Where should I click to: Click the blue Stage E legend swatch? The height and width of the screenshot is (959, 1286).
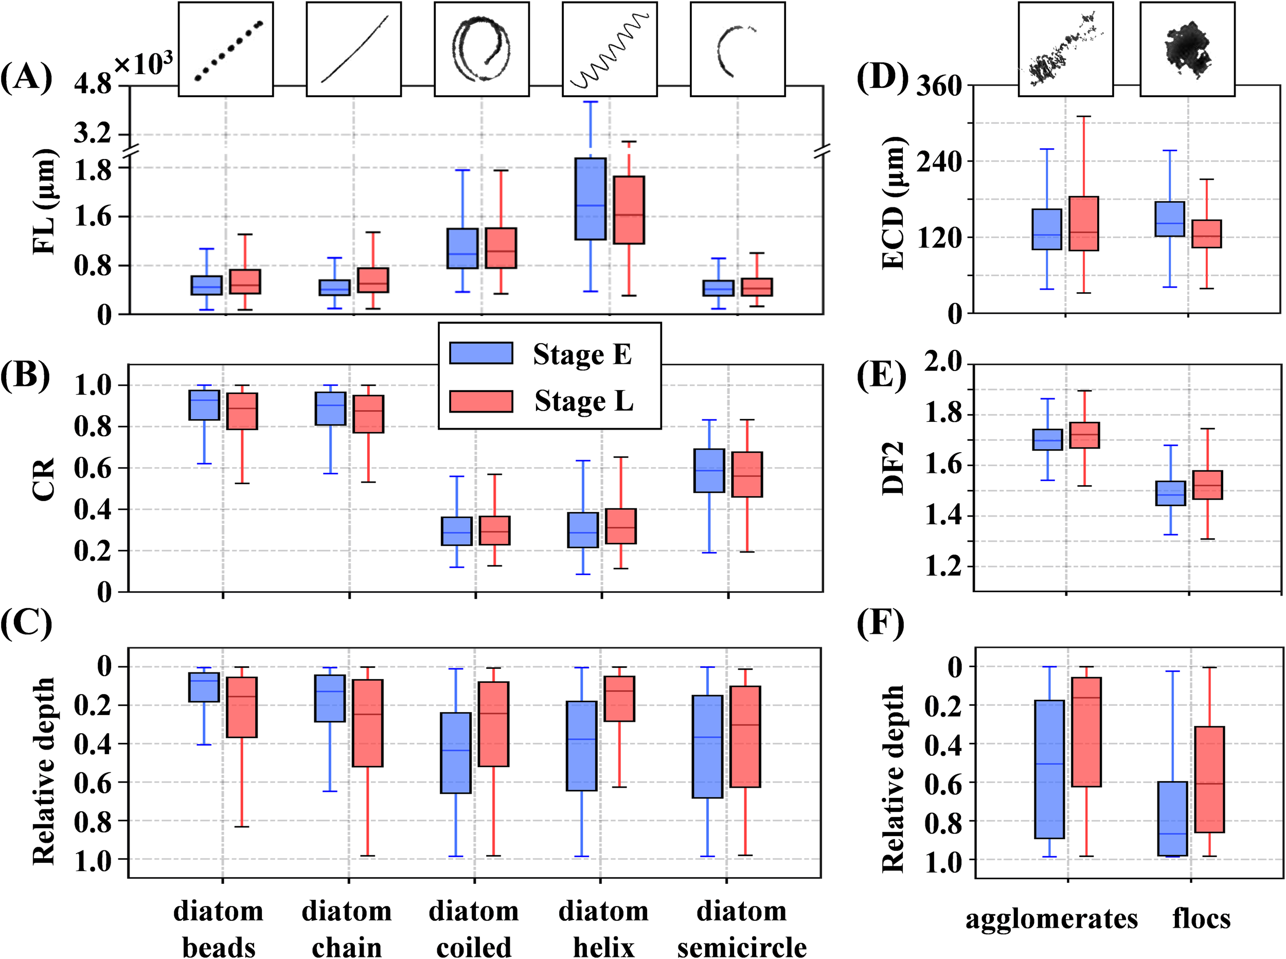pos(481,353)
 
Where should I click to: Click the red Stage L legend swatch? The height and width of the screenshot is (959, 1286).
pos(481,401)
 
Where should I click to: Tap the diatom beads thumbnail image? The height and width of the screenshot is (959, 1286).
pos(226,49)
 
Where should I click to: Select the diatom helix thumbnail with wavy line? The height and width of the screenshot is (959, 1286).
pos(610,49)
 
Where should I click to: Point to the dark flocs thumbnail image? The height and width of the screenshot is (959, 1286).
pos(1187,49)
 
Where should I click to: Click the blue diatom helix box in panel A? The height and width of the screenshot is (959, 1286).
pos(591,199)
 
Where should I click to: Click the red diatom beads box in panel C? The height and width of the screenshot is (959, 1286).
pos(242,707)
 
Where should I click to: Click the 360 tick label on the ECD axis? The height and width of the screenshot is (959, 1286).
pos(938,86)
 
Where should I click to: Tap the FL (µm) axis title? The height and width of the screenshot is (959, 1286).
pos(44,203)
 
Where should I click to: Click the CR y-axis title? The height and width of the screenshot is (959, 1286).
pos(44,479)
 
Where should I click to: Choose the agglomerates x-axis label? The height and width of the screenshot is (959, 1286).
pos(1051,919)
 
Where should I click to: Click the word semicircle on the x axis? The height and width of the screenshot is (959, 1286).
pos(742,947)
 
